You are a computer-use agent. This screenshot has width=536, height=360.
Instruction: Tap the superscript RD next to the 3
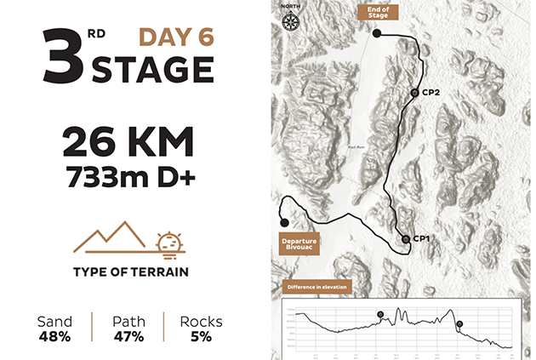click(x=97, y=35)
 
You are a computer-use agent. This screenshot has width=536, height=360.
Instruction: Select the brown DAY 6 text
click(x=175, y=38)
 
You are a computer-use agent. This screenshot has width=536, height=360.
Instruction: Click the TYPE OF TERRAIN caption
click(x=130, y=273)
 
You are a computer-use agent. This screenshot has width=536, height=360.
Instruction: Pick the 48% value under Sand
click(x=54, y=336)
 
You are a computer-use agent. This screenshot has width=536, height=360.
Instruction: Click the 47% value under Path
click(x=129, y=336)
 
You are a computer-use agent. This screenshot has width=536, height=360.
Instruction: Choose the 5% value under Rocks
click(x=201, y=336)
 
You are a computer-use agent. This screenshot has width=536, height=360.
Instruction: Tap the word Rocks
click(x=201, y=322)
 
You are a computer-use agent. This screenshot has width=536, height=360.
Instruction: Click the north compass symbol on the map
click(x=291, y=18)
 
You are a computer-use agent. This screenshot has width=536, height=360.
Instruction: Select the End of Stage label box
click(x=377, y=13)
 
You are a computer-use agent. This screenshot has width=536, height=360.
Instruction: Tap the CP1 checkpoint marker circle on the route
click(x=406, y=239)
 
